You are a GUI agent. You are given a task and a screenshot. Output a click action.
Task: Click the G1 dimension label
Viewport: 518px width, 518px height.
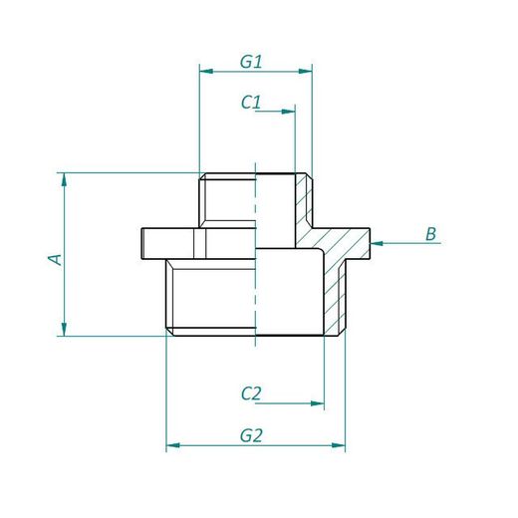point(251,61)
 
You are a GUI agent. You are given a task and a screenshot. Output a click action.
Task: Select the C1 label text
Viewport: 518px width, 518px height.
point(251,102)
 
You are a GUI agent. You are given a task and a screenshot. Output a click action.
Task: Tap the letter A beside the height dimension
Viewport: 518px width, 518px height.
point(56,258)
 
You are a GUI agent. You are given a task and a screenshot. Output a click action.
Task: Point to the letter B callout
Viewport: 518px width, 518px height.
point(430,234)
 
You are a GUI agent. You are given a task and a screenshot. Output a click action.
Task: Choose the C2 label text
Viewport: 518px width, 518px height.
point(251,393)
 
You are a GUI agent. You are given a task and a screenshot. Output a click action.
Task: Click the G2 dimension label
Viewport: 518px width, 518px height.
point(251,434)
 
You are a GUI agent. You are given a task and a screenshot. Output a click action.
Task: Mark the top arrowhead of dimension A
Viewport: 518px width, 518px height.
point(65,180)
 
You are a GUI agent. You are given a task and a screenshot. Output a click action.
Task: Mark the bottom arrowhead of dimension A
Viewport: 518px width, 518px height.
point(65,330)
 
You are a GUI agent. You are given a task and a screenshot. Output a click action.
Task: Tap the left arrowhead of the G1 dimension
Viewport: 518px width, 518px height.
point(204,71)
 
